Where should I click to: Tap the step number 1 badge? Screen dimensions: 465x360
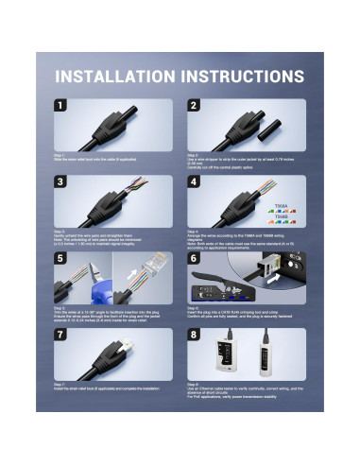62,107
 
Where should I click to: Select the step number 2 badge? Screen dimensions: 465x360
196,107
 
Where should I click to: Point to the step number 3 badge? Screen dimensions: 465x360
62,183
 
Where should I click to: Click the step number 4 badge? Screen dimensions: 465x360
196,183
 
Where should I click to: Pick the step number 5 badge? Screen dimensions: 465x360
62,260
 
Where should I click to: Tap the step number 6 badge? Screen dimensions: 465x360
196,260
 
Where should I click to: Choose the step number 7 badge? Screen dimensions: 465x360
62,336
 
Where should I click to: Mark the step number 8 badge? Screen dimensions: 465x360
196,336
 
